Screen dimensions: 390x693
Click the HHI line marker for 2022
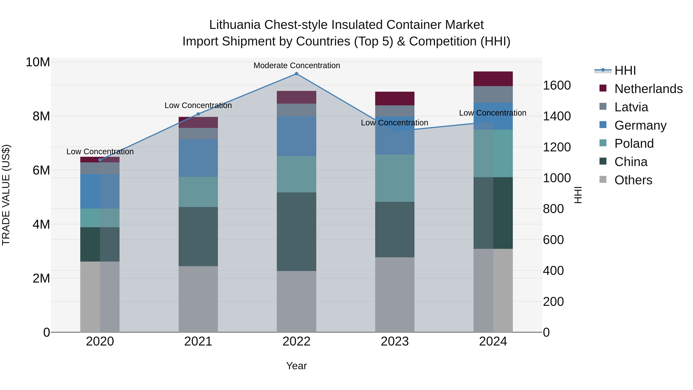click(x=296, y=74)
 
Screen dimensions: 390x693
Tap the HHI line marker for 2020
click(x=100, y=160)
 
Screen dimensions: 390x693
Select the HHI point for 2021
click(x=198, y=114)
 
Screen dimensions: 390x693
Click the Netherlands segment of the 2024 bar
click(x=493, y=79)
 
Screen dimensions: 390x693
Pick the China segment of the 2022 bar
click(x=296, y=231)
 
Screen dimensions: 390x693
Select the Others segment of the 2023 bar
click(x=395, y=295)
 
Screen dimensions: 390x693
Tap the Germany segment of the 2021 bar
click(x=198, y=158)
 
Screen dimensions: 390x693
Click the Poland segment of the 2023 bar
click(x=395, y=178)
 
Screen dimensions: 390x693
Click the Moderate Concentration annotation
click(x=297, y=65)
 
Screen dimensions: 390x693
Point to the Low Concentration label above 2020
click(x=100, y=152)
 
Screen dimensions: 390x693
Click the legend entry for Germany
click(x=640, y=125)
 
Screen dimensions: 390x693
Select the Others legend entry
click(x=633, y=180)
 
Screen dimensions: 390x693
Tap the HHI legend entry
click(x=625, y=70)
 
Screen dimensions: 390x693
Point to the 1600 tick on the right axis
click(x=557, y=85)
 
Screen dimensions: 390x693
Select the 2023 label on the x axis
click(x=395, y=341)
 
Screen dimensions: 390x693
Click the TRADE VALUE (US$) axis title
click(x=6, y=195)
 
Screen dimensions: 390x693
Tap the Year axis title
click(x=296, y=366)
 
